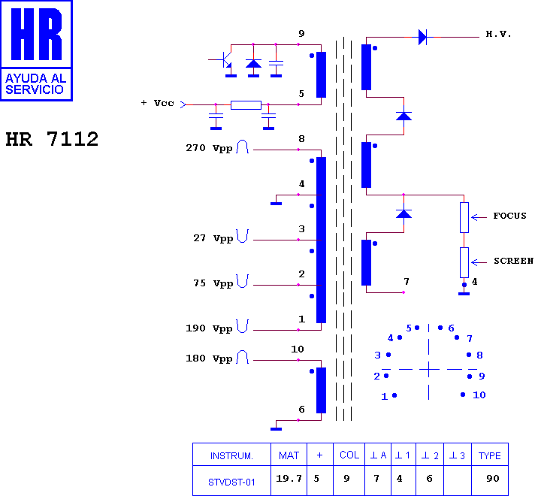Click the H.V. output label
click(498, 34)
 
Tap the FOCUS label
click(509, 216)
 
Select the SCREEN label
click(513, 261)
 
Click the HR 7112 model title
click(52, 139)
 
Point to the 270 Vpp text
click(209, 148)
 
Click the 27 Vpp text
click(213, 238)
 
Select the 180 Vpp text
click(209, 358)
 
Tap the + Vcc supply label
click(158, 103)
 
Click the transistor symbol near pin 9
click(225, 61)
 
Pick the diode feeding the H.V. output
click(422, 37)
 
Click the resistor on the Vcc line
click(246, 105)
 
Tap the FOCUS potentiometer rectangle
click(464, 217)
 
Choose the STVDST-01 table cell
click(231, 482)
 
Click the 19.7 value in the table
click(289, 478)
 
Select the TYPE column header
click(490, 455)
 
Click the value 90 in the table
click(493, 478)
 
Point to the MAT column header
click(289, 455)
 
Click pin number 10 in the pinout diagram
click(479, 395)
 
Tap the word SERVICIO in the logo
click(35, 89)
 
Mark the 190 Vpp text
click(209, 328)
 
